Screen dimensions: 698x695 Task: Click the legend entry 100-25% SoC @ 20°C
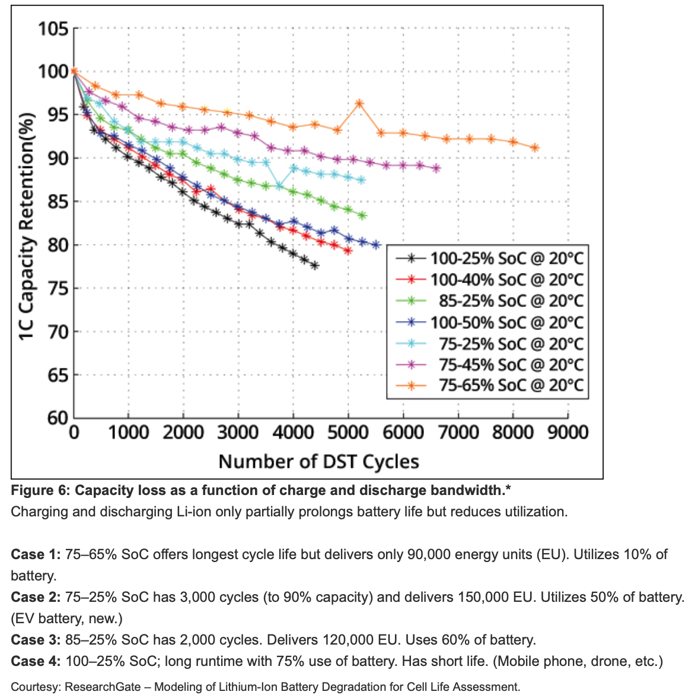(x=506, y=259)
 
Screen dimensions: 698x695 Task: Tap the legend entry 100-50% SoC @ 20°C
(x=506, y=323)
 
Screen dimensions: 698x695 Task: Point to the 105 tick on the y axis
(x=53, y=28)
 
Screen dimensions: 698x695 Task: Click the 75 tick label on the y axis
(x=58, y=288)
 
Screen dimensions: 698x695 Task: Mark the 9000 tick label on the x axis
(x=568, y=432)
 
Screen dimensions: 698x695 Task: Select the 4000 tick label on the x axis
(x=293, y=432)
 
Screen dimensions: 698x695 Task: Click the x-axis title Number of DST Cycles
(x=318, y=462)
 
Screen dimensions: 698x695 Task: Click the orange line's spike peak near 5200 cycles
(x=359, y=104)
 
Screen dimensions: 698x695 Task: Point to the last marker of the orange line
(x=535, y=148)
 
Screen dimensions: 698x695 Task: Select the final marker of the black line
(x=314, y=266)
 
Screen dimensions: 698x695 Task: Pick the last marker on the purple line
(x=436, y=169)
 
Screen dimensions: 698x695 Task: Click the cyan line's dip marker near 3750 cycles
(x=280, y=186)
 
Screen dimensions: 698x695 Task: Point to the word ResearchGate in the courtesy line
(x=103, y=687)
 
